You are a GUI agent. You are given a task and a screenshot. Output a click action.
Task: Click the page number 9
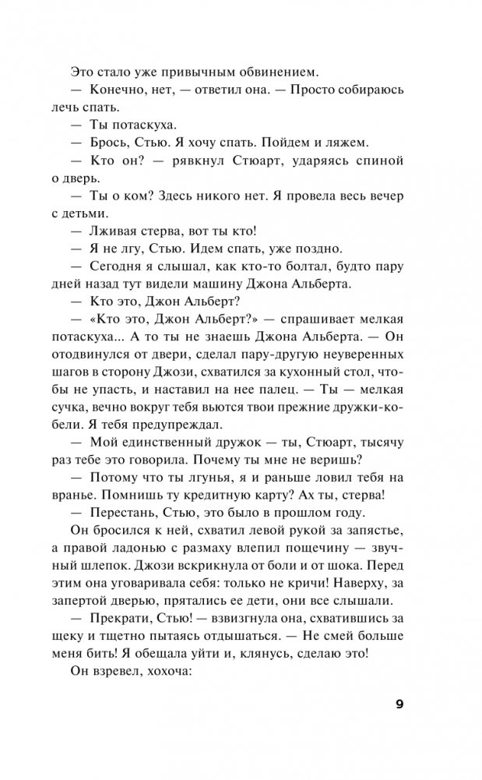click(399, 705)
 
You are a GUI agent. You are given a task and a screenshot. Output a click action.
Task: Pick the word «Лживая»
click(114, 231)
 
